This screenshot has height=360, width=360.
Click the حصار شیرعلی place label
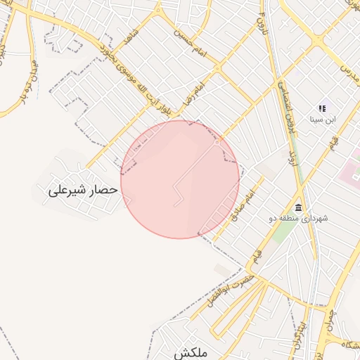click(77, 191)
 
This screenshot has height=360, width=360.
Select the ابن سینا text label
click(323, 120)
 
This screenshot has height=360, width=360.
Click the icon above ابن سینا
click(322, 108)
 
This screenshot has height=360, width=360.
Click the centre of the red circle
click(179, 179)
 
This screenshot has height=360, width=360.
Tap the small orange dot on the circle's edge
click(219, 139)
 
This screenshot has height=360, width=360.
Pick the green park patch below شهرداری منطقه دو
click(285, 232)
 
